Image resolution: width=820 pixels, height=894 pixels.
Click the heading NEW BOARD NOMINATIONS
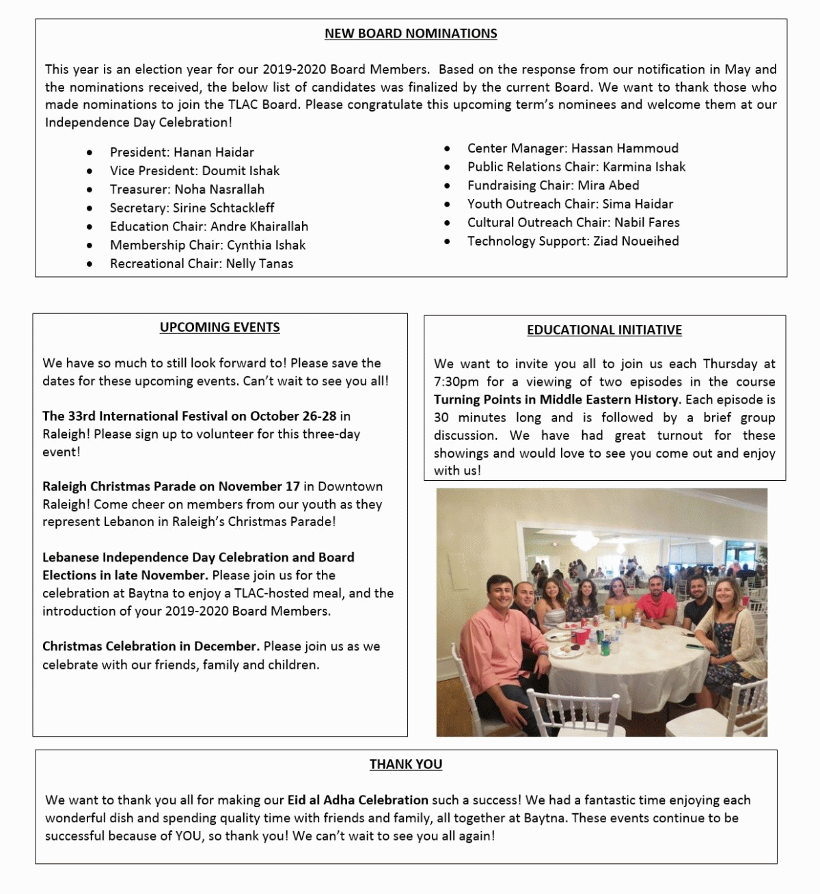(x=411, y=34)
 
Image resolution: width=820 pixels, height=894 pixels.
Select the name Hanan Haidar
(x=214, y=152)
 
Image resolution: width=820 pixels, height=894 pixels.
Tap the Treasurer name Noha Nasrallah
(x=219, y=189)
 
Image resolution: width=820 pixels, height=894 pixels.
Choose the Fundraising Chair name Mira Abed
(x=609, y=185)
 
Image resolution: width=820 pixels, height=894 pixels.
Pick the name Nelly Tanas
(x=260, y=263)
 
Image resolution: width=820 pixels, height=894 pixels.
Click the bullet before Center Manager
(x=447, y=148)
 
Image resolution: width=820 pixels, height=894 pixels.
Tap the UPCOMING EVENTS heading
(x=219, y=328)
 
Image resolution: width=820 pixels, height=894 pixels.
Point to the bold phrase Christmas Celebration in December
(x=150, y=646)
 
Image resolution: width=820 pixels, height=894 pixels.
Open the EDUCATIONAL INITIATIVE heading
(x=604, y=330)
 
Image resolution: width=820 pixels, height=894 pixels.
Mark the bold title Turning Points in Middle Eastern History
(x=556, y=399)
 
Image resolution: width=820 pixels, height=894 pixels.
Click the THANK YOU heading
(x=406, y=764)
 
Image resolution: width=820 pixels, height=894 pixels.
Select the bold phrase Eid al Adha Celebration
(x=357, y=800)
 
